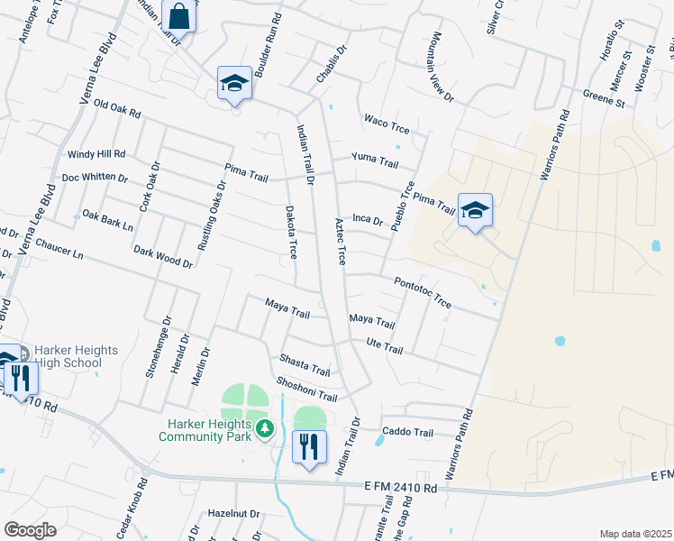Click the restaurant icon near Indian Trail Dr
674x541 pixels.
point(309,445)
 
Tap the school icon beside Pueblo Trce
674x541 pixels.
point(475,211)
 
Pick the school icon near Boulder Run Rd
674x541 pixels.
point(234,83)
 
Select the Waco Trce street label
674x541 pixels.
point(386,124)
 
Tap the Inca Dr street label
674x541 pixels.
point(368,218)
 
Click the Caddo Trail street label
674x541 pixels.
point(407,432)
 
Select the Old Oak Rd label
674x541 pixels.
point(118,110)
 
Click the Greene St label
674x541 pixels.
point(604,97)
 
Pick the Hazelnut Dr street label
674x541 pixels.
point(233,513)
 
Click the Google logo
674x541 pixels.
point(30,530)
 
